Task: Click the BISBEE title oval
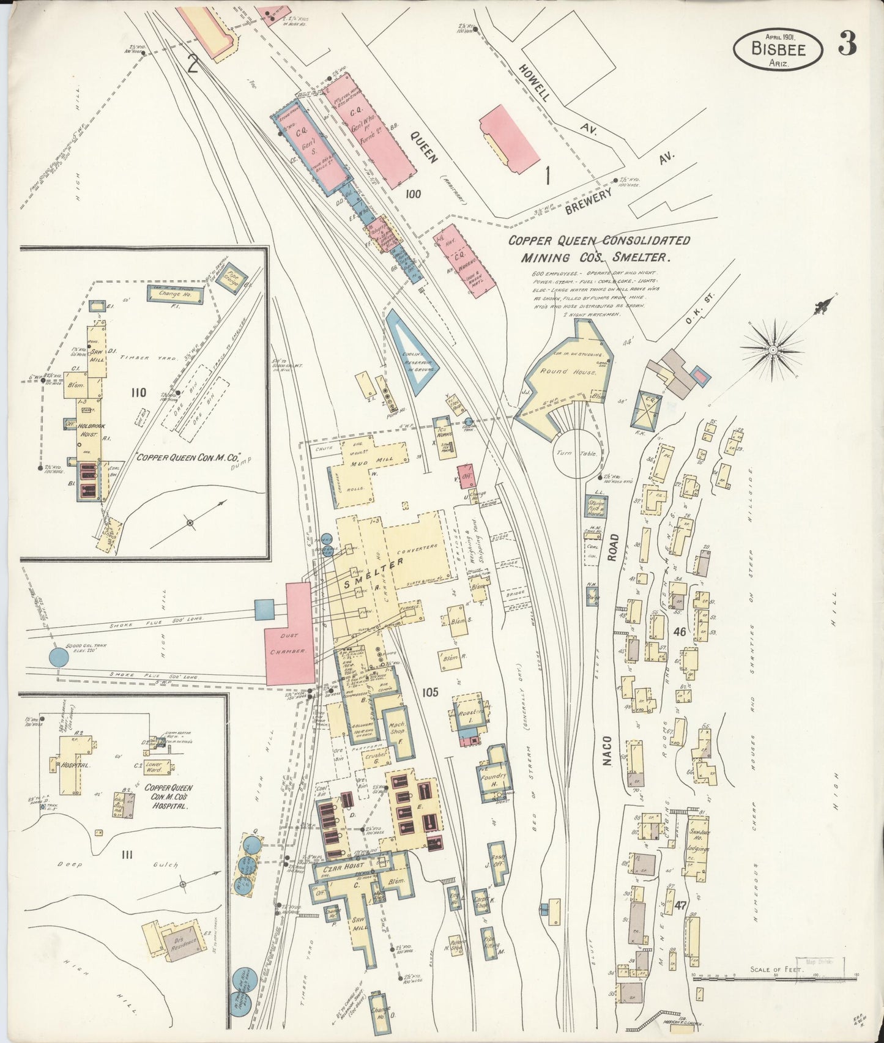[x=778, y=48]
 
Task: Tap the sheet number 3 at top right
[x=847, y=43]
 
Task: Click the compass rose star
[x=773, y=349]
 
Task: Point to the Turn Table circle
[x=576, y=453]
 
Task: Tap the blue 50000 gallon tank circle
[x=59, y=658]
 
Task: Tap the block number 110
[x=138, y=392]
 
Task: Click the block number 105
[x=430, y=692]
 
